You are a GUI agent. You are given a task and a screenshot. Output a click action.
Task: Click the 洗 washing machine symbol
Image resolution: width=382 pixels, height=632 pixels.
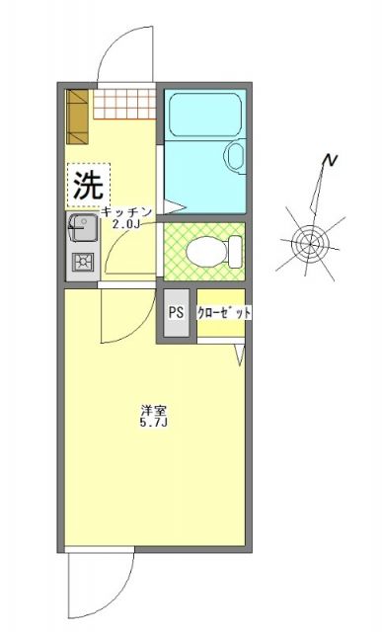pyautogui.click(x=89, y=183)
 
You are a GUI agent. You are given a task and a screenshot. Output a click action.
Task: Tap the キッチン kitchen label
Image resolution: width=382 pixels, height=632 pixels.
pyautogui.click(x=124, y=211)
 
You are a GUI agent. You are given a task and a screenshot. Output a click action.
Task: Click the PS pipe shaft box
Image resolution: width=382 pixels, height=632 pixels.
pyautogui.click(x=176, y=313)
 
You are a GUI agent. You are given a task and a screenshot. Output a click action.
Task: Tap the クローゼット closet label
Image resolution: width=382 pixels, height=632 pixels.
pyautogui.click(x=223, y=313)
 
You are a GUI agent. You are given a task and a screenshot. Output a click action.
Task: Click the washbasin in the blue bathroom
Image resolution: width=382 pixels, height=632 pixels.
pyautogui.click(x=236, y=155)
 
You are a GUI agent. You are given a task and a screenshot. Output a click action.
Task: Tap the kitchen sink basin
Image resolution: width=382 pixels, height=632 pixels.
pyautogui.click(x=81, y=230)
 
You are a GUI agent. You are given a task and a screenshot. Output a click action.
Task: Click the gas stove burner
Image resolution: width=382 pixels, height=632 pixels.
pyautogui.click(x=81, y=263)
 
